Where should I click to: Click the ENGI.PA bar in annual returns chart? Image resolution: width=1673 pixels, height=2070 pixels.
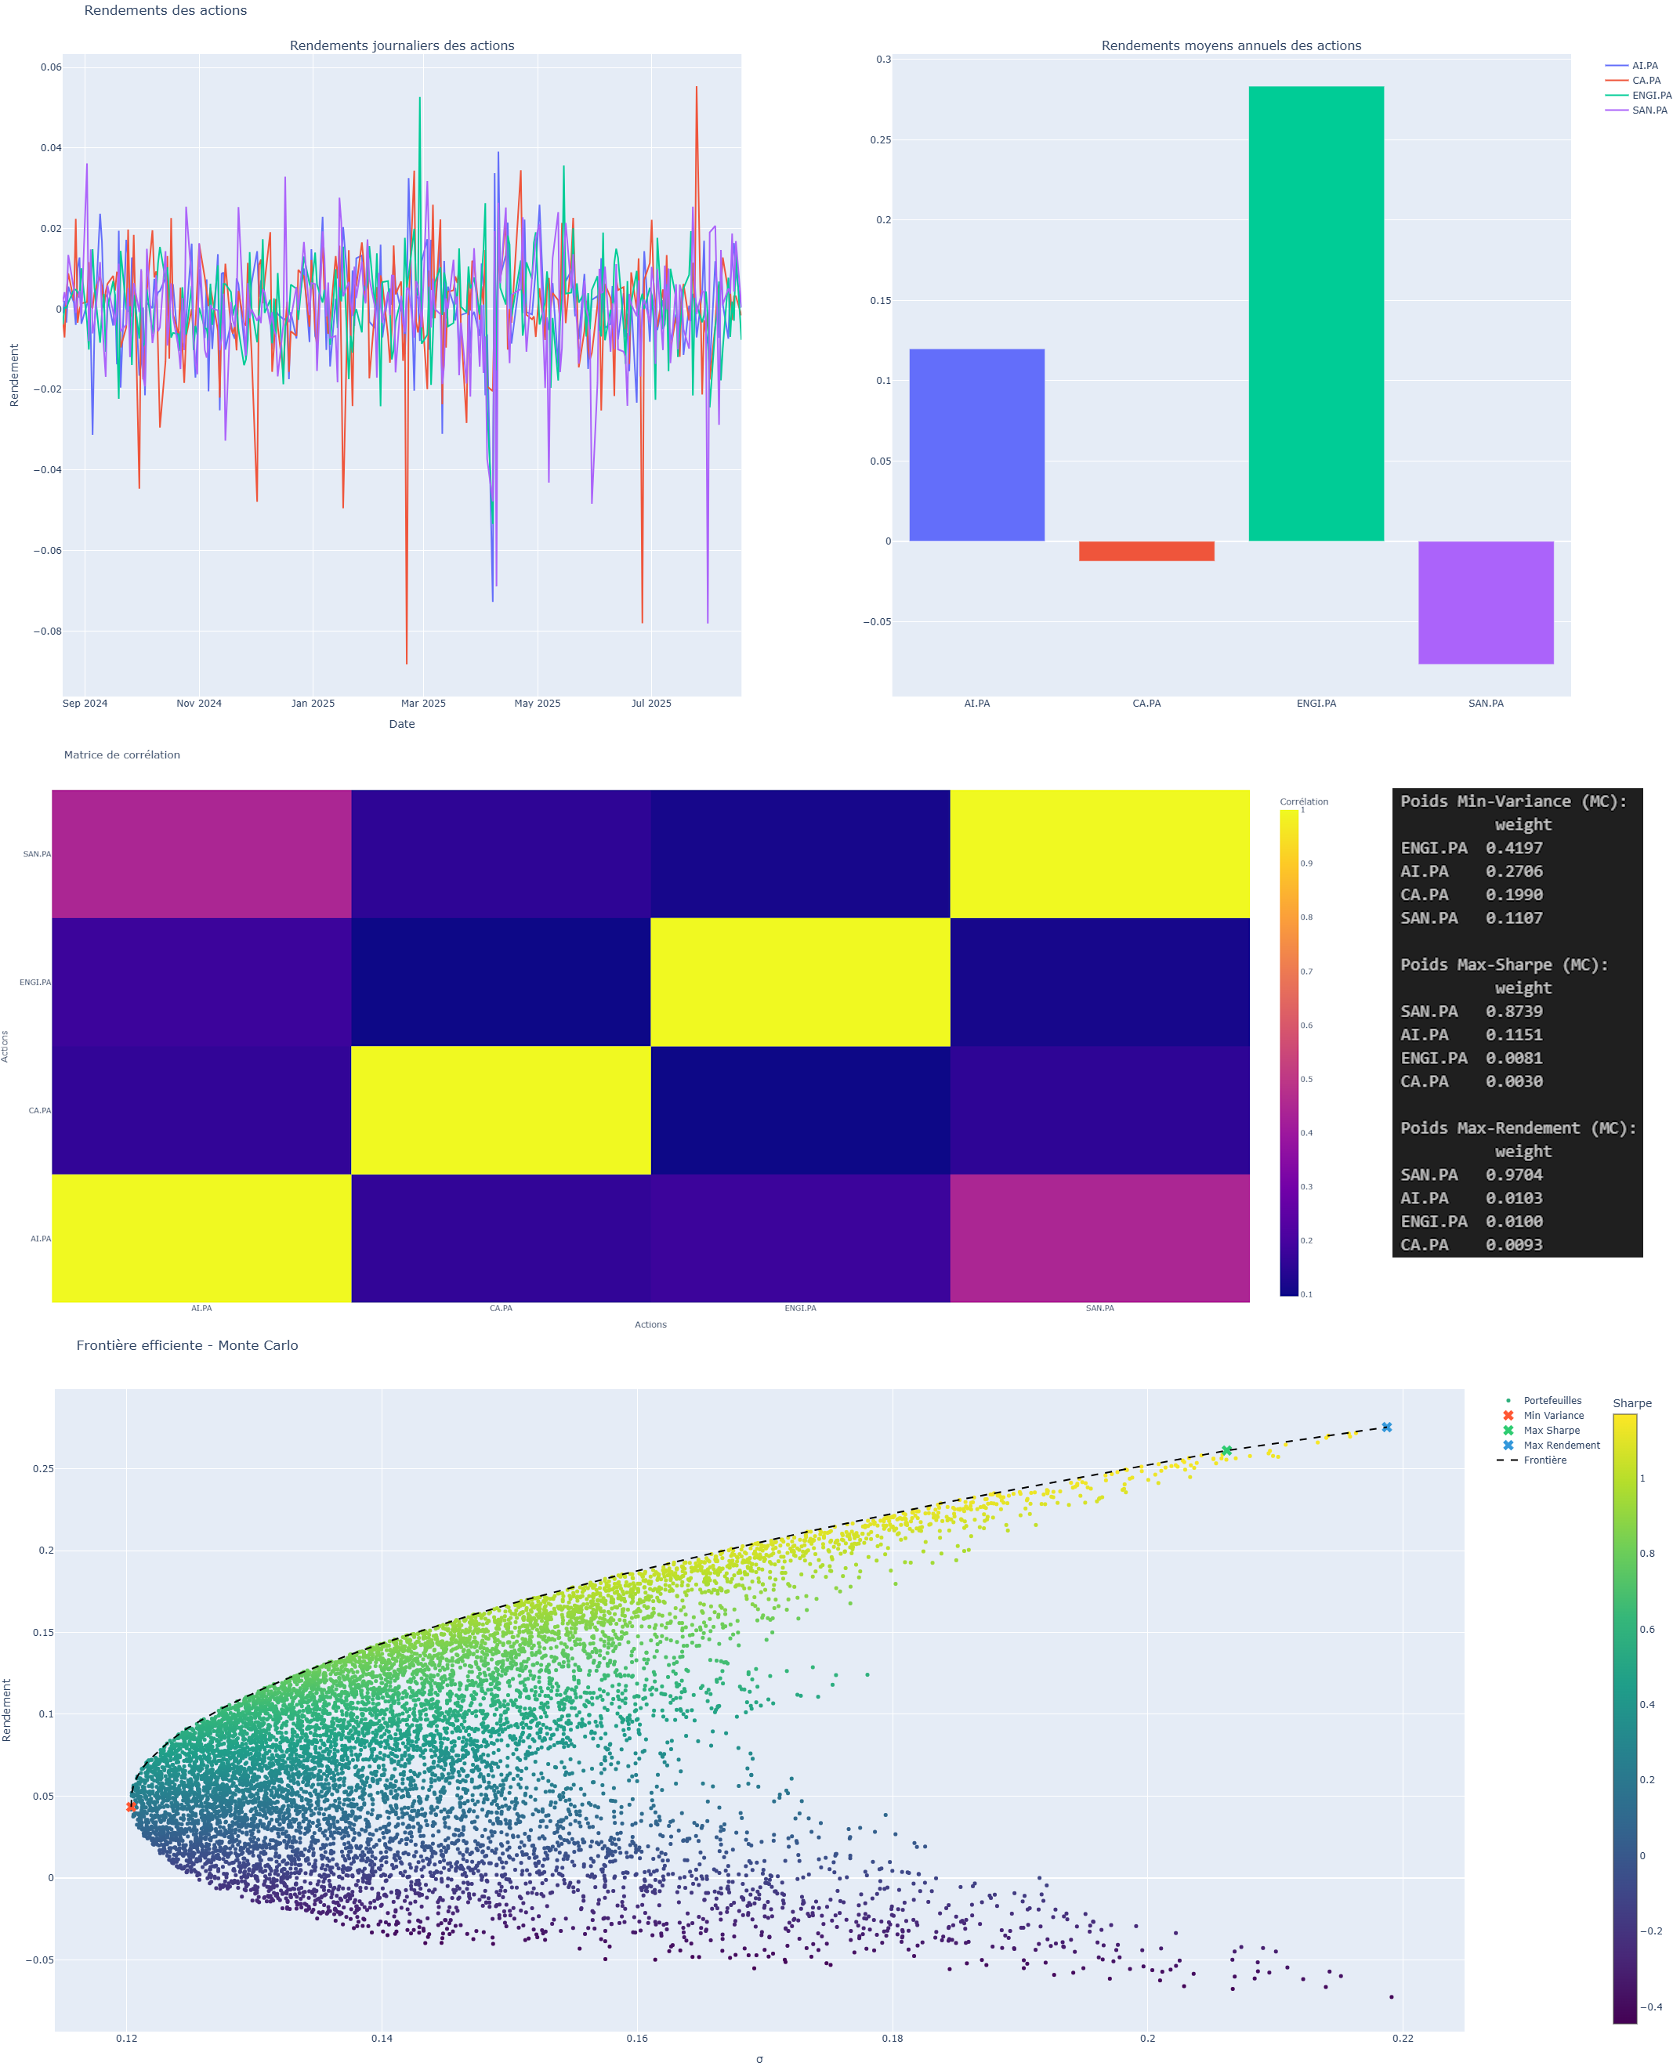[x=1316, y=313]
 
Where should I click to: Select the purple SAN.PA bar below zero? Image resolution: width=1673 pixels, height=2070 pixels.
[x=1485, y=603]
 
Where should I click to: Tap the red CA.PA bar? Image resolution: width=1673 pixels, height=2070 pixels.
[x=1146, y=552]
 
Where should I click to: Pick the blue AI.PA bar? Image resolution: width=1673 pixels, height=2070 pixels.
[x=976, y=444]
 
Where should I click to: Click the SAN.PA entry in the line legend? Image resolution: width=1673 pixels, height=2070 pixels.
[x=1649, y=110]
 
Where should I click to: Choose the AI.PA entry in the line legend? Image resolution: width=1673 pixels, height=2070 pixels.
[x=1645, y=66]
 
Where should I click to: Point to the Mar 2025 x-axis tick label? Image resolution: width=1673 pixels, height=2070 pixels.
[x=423, y=704]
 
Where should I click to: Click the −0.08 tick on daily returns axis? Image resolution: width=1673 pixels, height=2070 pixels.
[x=47, y=631]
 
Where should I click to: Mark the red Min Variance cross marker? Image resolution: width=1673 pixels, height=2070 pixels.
[x=131, y=1807]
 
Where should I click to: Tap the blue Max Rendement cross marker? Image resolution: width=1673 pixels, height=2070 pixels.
[x=1387, y=1428]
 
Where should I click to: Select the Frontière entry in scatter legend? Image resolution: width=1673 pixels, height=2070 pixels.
[x=1544, y=1460]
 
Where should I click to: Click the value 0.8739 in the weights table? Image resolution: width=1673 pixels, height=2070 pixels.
[x=1514, y=1011]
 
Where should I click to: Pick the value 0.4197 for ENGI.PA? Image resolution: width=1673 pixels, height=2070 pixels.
[x=1514, y=848]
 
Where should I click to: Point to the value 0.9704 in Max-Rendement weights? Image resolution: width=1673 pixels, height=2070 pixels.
[x=1514, y=1174]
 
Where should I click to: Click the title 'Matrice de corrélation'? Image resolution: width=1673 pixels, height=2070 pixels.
[x=121, y=755]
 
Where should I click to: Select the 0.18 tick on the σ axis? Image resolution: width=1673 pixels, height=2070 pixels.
[x=893, y=2038]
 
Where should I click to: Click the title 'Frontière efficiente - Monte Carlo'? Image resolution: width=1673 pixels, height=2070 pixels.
[x=187, y=1345]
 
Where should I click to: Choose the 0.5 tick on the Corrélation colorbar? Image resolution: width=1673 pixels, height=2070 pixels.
[x=1307, y=1080]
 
